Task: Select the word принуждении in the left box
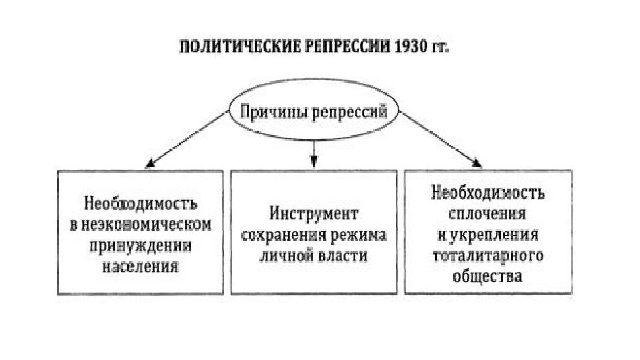pos(141,245)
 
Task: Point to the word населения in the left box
pos(141,265)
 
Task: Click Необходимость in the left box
pos(141,203)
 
